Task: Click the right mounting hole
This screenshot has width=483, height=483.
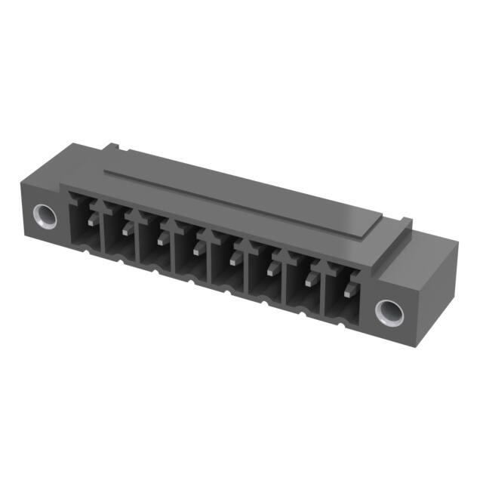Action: point(389,309)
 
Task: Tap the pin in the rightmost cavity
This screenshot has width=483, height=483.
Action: point(349,289)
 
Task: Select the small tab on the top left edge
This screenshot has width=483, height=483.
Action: point(112,144)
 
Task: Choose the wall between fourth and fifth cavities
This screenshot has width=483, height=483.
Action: point(211,257)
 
